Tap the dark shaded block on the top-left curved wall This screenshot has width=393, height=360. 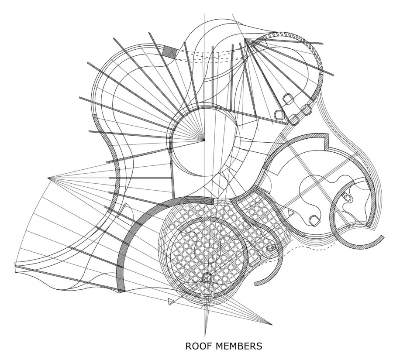[170, 52]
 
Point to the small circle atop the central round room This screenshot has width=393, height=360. [218, 108]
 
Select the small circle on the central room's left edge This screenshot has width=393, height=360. [170, 151]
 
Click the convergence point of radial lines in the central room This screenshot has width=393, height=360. [204, 139]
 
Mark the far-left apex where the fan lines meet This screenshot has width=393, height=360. [48, 178]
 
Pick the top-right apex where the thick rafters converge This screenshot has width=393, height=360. [245, 39]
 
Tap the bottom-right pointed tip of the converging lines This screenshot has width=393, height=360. [272, 325]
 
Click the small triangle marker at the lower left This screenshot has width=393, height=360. [171, 302]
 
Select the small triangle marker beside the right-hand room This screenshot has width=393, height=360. [290, 213]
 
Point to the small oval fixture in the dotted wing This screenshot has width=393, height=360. [271, 248]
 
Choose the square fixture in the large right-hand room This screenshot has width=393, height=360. [314, 220]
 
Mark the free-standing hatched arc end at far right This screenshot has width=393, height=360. [382, 237]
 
